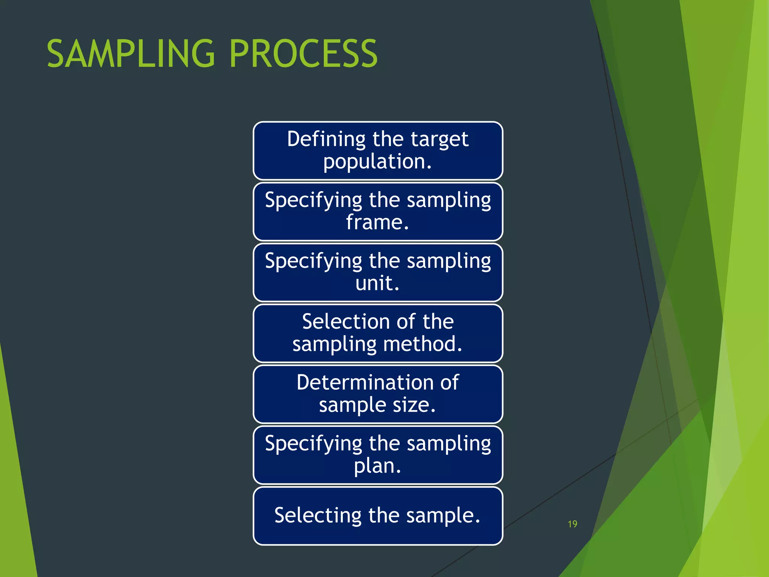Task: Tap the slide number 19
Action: coord(572,524)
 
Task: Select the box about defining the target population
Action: coord(378,151)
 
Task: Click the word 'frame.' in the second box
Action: coord(377,222)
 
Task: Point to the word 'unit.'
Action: coord(377,283)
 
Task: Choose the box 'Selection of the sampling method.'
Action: coord(378,333)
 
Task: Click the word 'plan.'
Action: coord(377,466)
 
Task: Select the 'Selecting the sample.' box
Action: coord(378,516)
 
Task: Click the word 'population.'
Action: coord(377,162)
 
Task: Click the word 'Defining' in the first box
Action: coord(326,139)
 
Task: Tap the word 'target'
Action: coord(439,139)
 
